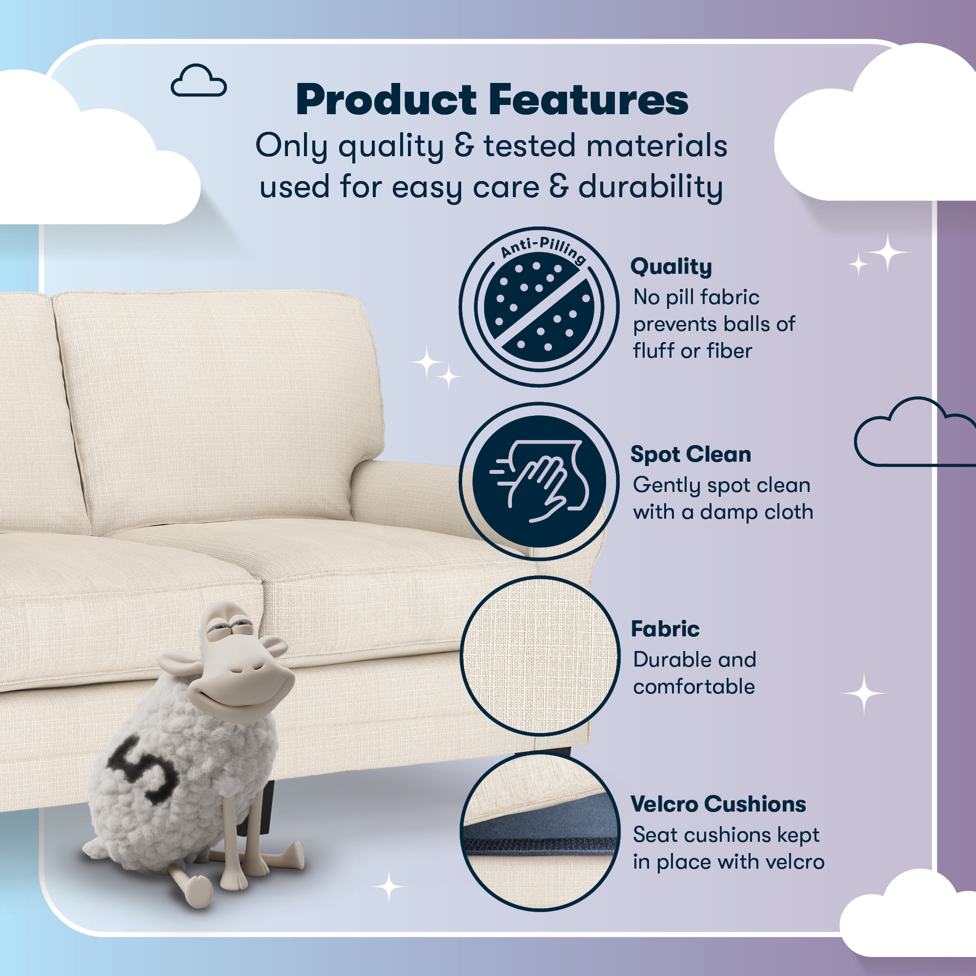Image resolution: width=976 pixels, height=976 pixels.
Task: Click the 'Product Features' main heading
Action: (x=491, y=100)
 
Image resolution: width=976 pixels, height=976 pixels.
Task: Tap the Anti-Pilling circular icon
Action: (x=539, y=306)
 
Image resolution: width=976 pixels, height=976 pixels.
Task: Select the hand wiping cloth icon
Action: (x=539, y=481)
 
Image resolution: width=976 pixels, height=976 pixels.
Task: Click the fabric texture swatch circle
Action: (x=539, y=656)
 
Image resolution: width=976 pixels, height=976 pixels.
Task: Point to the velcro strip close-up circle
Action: (x=539, y=831)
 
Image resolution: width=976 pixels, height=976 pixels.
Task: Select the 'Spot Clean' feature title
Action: (x=691, y=454)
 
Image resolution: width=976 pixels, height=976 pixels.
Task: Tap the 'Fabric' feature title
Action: (x=665, y=629)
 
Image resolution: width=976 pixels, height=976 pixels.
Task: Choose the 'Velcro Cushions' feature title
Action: (x=718, y=804)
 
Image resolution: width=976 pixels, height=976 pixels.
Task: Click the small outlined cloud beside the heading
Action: (x=199, y=81)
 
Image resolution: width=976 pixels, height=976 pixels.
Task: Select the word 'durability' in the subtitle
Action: (x=650, y=187)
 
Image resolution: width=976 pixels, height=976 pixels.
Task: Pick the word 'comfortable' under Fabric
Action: (x=693, y=687)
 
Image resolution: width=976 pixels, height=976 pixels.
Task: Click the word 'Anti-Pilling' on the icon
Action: (x=544, y=248)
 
